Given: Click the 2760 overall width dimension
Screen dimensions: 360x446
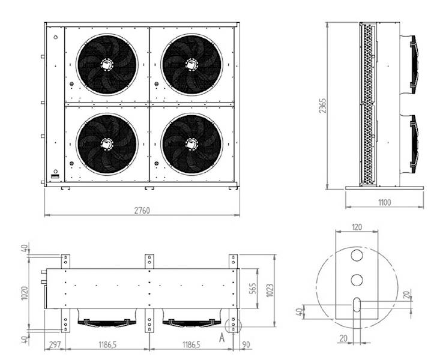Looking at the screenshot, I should tap(142, 210).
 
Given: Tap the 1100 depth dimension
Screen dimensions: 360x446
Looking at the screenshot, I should tap(384, 203).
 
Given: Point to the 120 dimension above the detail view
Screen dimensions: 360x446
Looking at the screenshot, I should tap(357, 227).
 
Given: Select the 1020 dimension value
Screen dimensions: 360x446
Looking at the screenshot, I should tap(25, 291).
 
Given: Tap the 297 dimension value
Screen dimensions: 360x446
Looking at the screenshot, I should tap(55, 346).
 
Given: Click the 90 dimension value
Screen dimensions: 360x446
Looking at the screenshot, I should tap(245, 346).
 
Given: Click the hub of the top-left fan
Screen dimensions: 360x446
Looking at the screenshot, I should tap(107, 63).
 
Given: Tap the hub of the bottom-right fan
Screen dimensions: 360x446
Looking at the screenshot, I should tap(191, 143).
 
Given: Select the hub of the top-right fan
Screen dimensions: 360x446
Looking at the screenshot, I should tap(191, 63).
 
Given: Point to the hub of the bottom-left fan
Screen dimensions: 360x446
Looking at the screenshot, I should tap(107, 143).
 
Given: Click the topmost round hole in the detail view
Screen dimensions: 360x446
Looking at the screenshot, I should tap(357, 256).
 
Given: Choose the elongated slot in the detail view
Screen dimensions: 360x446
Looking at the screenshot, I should tap(357, 305).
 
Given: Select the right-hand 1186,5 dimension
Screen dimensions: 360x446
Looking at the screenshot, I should tap(191, 346).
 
